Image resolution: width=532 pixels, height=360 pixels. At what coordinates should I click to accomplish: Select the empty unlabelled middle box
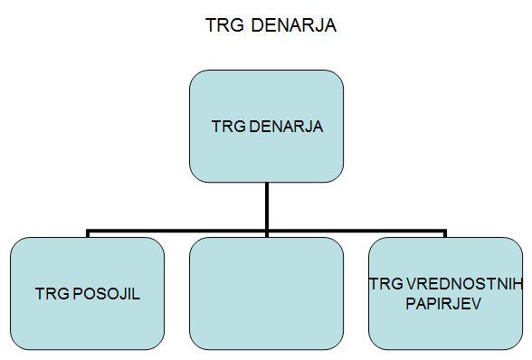click(267, 293)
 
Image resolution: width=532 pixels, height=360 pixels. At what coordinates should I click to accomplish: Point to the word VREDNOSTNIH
click(461, 286)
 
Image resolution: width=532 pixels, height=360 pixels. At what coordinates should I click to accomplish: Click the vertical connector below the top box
click(267, 204)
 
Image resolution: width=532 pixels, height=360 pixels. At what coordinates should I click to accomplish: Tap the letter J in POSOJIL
click(124, 294)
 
